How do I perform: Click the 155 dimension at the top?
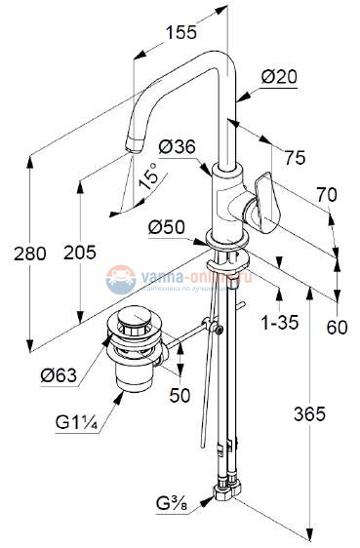180,33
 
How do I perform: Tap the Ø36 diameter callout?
177,147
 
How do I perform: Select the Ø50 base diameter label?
168,227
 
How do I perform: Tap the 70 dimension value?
326,195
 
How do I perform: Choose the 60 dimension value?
338,328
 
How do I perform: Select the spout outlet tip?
133,149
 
